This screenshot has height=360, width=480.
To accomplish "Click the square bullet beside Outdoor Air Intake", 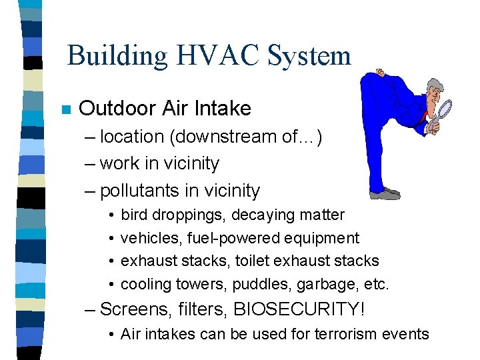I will click(65, 110).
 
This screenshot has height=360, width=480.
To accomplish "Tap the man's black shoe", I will click(385, 193).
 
